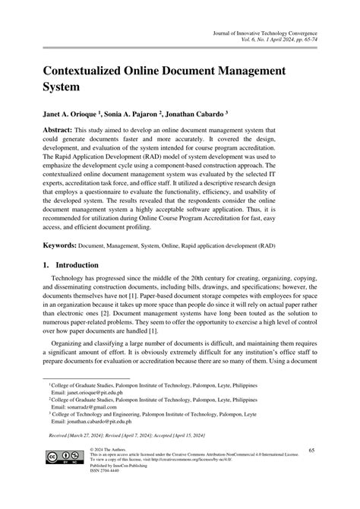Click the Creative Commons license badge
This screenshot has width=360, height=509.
[64, 479]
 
